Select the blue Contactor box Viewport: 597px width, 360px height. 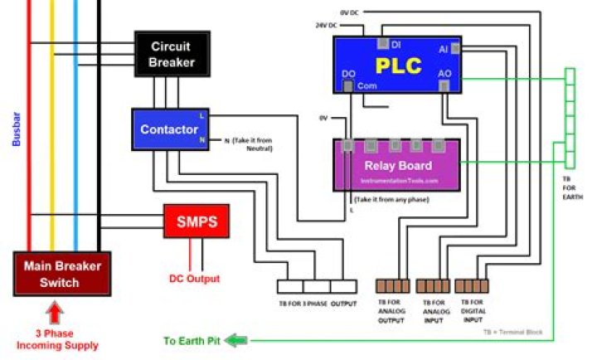169,129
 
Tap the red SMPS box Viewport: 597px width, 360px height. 196,221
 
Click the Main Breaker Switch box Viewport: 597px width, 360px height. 61,274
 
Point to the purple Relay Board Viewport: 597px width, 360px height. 397,165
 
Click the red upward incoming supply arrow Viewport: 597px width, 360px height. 55,313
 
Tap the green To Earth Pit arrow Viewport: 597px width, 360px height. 238,340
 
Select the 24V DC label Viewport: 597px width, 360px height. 326,25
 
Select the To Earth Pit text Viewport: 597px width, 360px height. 192,341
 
